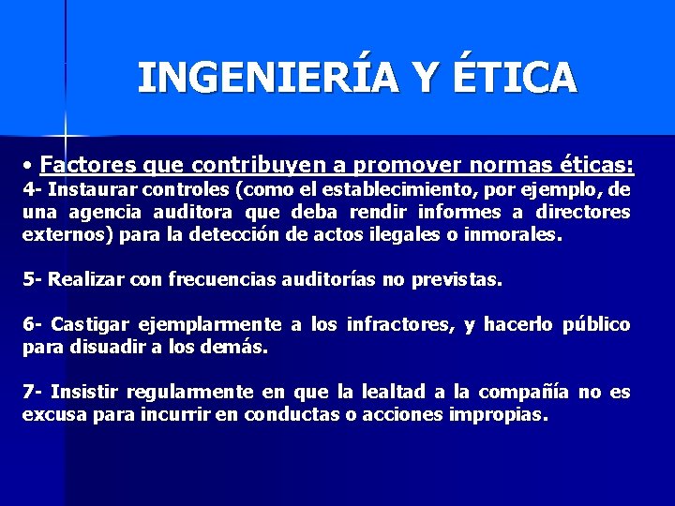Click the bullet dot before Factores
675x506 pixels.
click(x=30, y=167)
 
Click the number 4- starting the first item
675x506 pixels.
click(x=33, y=188)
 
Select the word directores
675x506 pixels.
click(x=585, y=212)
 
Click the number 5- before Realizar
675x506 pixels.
click(x=33, y=279)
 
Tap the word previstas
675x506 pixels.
click(x=457, y=279)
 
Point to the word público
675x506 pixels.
click(x=596, y=324)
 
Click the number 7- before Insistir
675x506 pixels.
click(x=33, y=392)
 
